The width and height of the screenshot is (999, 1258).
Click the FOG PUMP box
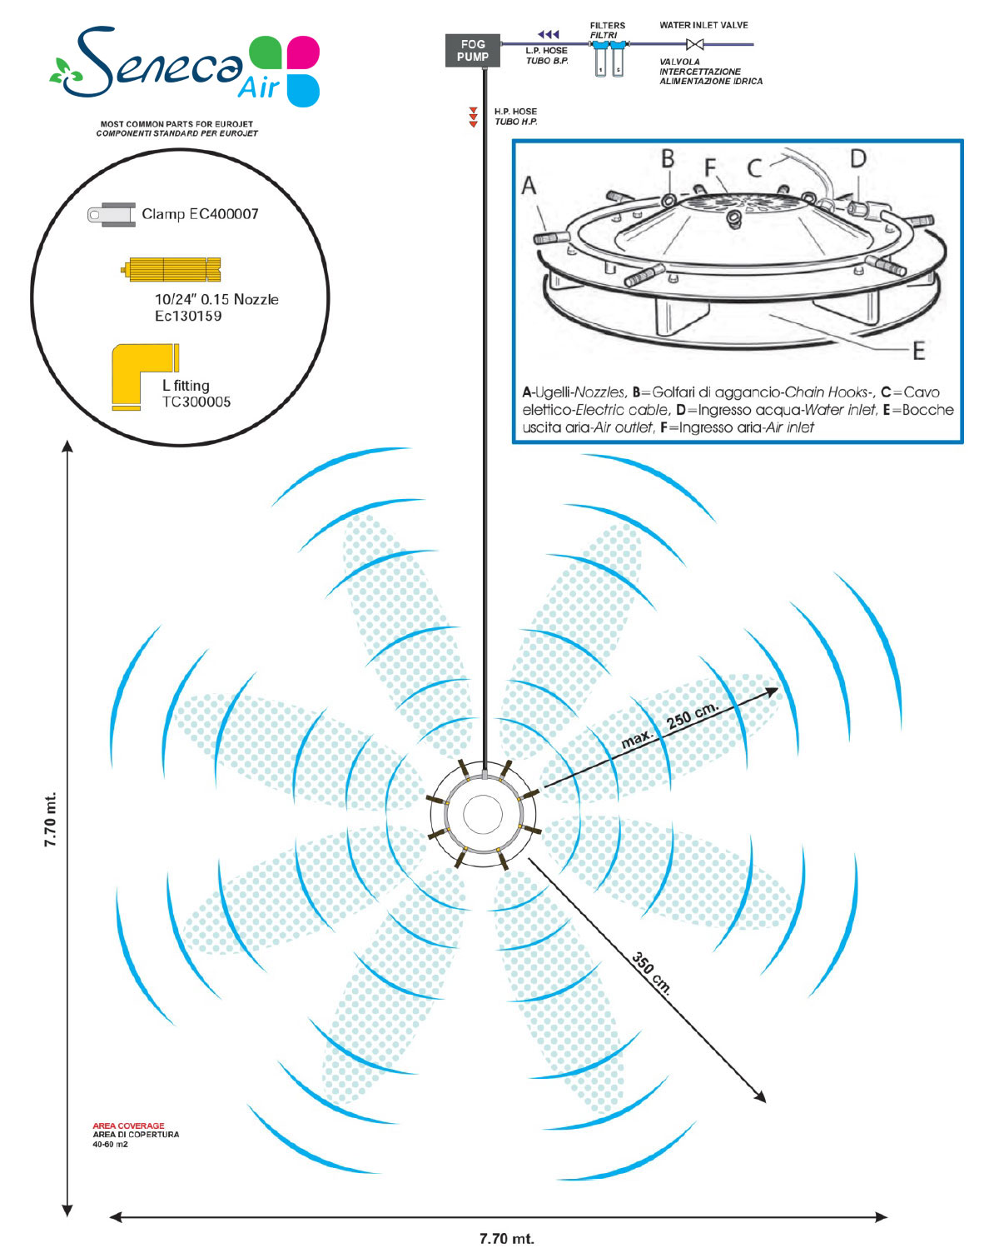click(472, 50)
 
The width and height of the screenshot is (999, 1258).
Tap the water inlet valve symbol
click(694, 44)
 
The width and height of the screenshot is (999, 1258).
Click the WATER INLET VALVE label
click(703, 25)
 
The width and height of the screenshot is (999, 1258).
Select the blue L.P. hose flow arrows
click(548, 34)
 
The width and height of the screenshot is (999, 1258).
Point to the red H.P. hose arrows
click(473, 117)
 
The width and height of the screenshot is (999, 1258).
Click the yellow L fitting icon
click(144, 377)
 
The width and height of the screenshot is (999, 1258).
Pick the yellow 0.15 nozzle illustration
click(171, 269)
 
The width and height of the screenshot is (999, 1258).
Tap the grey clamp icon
click(112, 215)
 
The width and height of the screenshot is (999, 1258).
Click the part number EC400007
click(224, 214)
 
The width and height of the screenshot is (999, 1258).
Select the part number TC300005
click(196, 402)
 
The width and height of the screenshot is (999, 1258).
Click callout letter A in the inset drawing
click(528, 186)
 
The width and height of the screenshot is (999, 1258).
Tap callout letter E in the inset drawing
click(918, 351)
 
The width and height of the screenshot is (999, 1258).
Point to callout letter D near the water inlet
click(857, 158)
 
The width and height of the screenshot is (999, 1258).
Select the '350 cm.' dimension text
click(651, 973)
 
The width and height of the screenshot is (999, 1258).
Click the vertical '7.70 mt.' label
click(50, 819)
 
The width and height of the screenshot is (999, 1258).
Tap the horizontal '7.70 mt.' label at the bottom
click(506, 1238)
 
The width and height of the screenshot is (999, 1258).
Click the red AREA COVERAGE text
click(128, 1126)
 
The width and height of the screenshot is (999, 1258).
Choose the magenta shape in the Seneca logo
click(303, 52)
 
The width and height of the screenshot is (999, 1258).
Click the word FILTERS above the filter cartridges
click(607, 25)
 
